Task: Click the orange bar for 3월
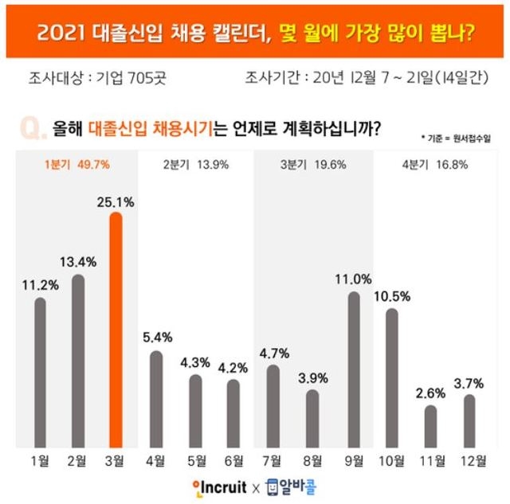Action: click(x=116, y=330)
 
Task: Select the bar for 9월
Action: click(x=354, y=370)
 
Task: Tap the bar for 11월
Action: click(x=430, y=427)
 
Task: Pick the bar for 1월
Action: click(x=40, y=373)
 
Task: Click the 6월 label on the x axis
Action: click(x=233, y=460)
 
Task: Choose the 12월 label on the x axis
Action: click(x=469, y=460)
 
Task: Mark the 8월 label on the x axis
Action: click(x=312, y=460)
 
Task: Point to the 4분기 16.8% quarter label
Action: click(x=431, y=166)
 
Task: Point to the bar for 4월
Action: click(x=156, y=399)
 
